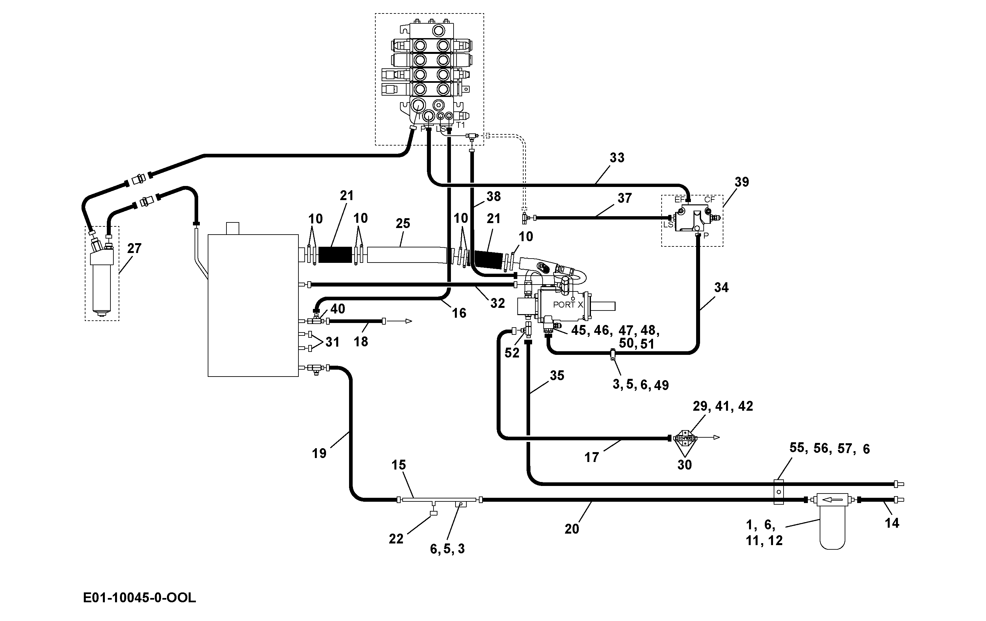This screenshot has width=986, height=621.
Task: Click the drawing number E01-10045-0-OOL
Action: tap(139, 598)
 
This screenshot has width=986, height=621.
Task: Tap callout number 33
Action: tap(617, 158)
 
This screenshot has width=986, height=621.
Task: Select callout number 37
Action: tap(624, 198)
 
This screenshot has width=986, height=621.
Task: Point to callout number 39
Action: tap(741, 182)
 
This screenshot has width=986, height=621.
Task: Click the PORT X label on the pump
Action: tap(568, 305)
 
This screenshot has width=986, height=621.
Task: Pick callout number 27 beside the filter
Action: tap(134, 248)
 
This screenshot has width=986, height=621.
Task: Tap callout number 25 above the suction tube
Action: tap(403, 223)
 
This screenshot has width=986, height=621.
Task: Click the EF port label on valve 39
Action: tap(680, 200)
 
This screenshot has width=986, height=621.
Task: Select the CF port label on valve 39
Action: tap(710, 199)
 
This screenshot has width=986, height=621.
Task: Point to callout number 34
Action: tap(721, 287)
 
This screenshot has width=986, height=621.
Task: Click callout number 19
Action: tap(319, 453)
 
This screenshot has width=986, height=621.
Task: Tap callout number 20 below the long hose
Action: tap(572, 529)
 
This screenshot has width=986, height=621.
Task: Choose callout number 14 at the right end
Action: tap(892, 523)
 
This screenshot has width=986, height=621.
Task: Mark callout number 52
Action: tap(512, 353)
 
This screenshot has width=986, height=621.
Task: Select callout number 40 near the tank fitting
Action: tap(338, 309)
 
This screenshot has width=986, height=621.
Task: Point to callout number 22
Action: tap(396, 539)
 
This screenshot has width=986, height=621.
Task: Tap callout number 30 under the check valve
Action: tap(685, 465)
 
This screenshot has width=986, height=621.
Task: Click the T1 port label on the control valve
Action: tap(461, 125)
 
